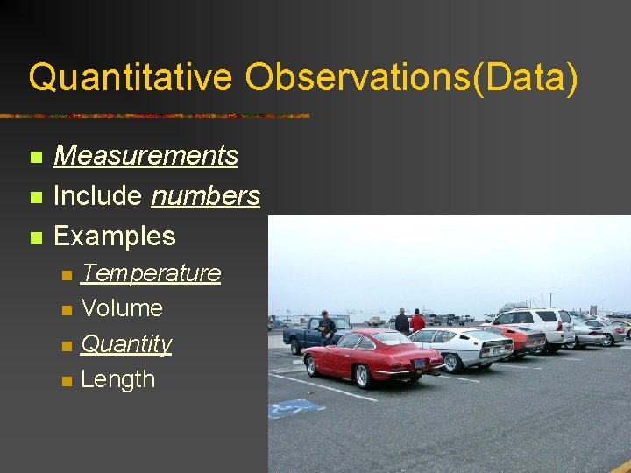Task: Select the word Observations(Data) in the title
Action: click(x=412, y=77)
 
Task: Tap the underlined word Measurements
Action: click(x=145, y=156)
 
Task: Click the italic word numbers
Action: click(x=205, y=196)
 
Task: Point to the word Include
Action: click(x=98, y=196)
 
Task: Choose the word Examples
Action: click(x=114, y=236)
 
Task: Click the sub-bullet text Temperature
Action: click(x=151, y=273)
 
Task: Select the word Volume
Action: click(x=122, y=308)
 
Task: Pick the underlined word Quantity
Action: click(x=126, y=344)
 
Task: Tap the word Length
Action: click(x=117, y=379)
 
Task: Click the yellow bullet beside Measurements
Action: click(x=35, y=158)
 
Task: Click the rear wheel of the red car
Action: click(x=360, y=375)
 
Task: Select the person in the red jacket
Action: click(x=417, y=321)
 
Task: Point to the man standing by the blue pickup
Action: click(x=326, y=327)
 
